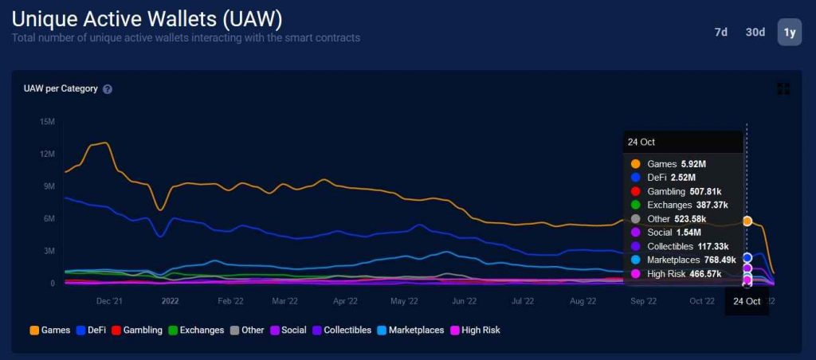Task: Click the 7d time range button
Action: [720, 32]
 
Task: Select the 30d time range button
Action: [755, 32]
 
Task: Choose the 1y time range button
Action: [789, 32]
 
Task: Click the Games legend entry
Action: [49, 330]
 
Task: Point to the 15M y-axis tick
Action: [46, 122]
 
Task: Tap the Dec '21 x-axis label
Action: [109, 301]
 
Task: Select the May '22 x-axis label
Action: [404, 301]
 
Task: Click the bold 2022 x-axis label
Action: [170, 301]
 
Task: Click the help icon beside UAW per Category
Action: [108, 89]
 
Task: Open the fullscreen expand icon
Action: [783, 88]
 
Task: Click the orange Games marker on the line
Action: [747, 221]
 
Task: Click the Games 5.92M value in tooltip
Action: [692, 163]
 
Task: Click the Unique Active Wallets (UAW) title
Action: [147, 19]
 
